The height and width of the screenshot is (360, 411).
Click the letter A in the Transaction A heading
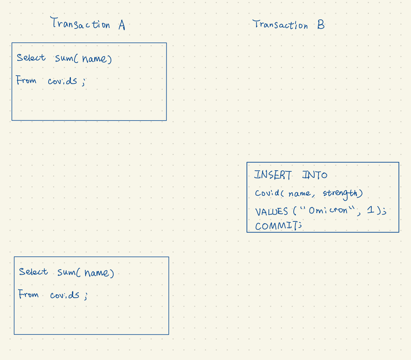coord(121,25)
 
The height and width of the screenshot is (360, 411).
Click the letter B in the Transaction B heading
coord(321,25)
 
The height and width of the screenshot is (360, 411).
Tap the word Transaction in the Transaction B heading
coord(280,25)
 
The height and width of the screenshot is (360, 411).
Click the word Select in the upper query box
coord(31,58)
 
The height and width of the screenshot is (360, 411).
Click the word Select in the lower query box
coord(33,272)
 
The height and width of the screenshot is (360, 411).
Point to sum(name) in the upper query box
coord(83,59)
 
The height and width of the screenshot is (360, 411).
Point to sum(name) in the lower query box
coord(86,273)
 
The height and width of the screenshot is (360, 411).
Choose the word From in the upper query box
coord(26,80)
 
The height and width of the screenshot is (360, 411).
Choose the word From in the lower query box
coord(28,294)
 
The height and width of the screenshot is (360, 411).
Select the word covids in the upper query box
coord(63,81)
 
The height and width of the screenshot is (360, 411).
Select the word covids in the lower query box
coord(65,295)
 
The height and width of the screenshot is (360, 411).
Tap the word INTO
coord(315,175)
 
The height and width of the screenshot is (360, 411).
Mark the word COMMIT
coord(276,226)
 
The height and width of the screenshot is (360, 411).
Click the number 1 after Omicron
coord(371,210)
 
